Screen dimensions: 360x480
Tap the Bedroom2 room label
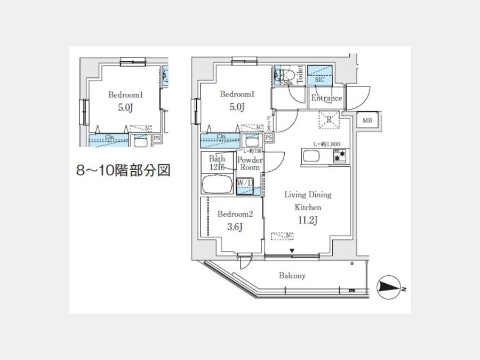point(235,214)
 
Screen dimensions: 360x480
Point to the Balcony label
point(292,276)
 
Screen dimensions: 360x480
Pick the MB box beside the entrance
point(367,121)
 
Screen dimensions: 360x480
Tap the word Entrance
point(326,99)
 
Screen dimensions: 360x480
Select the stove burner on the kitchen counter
point(339,157)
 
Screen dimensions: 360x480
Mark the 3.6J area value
point(235,228)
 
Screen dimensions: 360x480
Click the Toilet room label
point(300,74)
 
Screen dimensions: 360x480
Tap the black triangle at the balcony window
point(292,251)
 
